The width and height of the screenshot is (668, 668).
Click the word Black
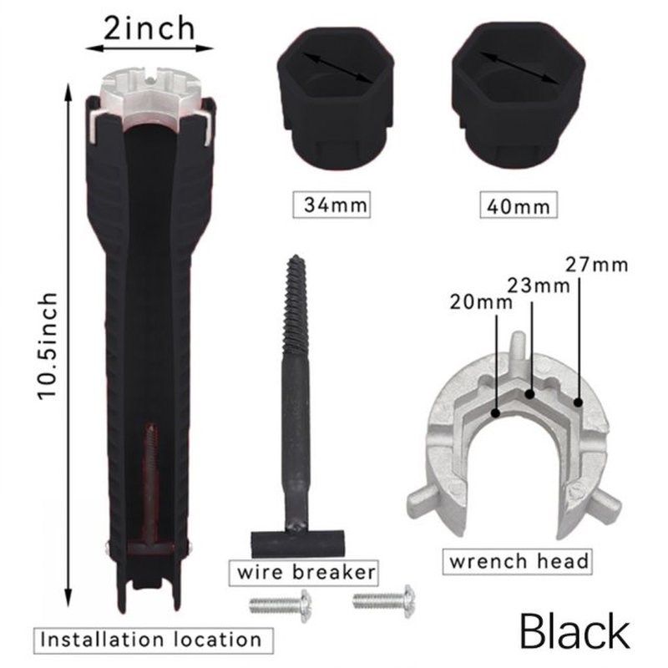(x=574, y=630)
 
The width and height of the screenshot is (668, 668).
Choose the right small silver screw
(x=385, y=598)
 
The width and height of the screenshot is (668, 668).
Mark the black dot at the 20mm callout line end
(x=496, y=411)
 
